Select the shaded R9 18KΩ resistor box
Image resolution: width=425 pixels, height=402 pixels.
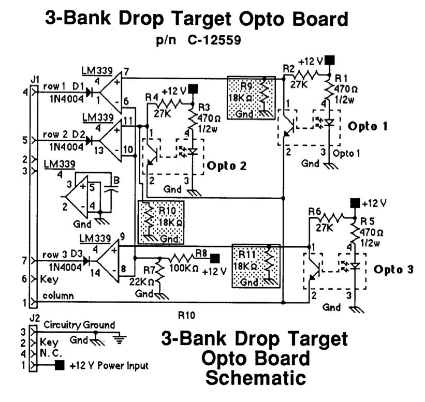tap(251, 98)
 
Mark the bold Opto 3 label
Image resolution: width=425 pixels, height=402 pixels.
tap(394, 270)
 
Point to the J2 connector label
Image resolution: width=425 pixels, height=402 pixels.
tap(35, 317)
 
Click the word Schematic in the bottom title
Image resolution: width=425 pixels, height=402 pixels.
tap(255, 377)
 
